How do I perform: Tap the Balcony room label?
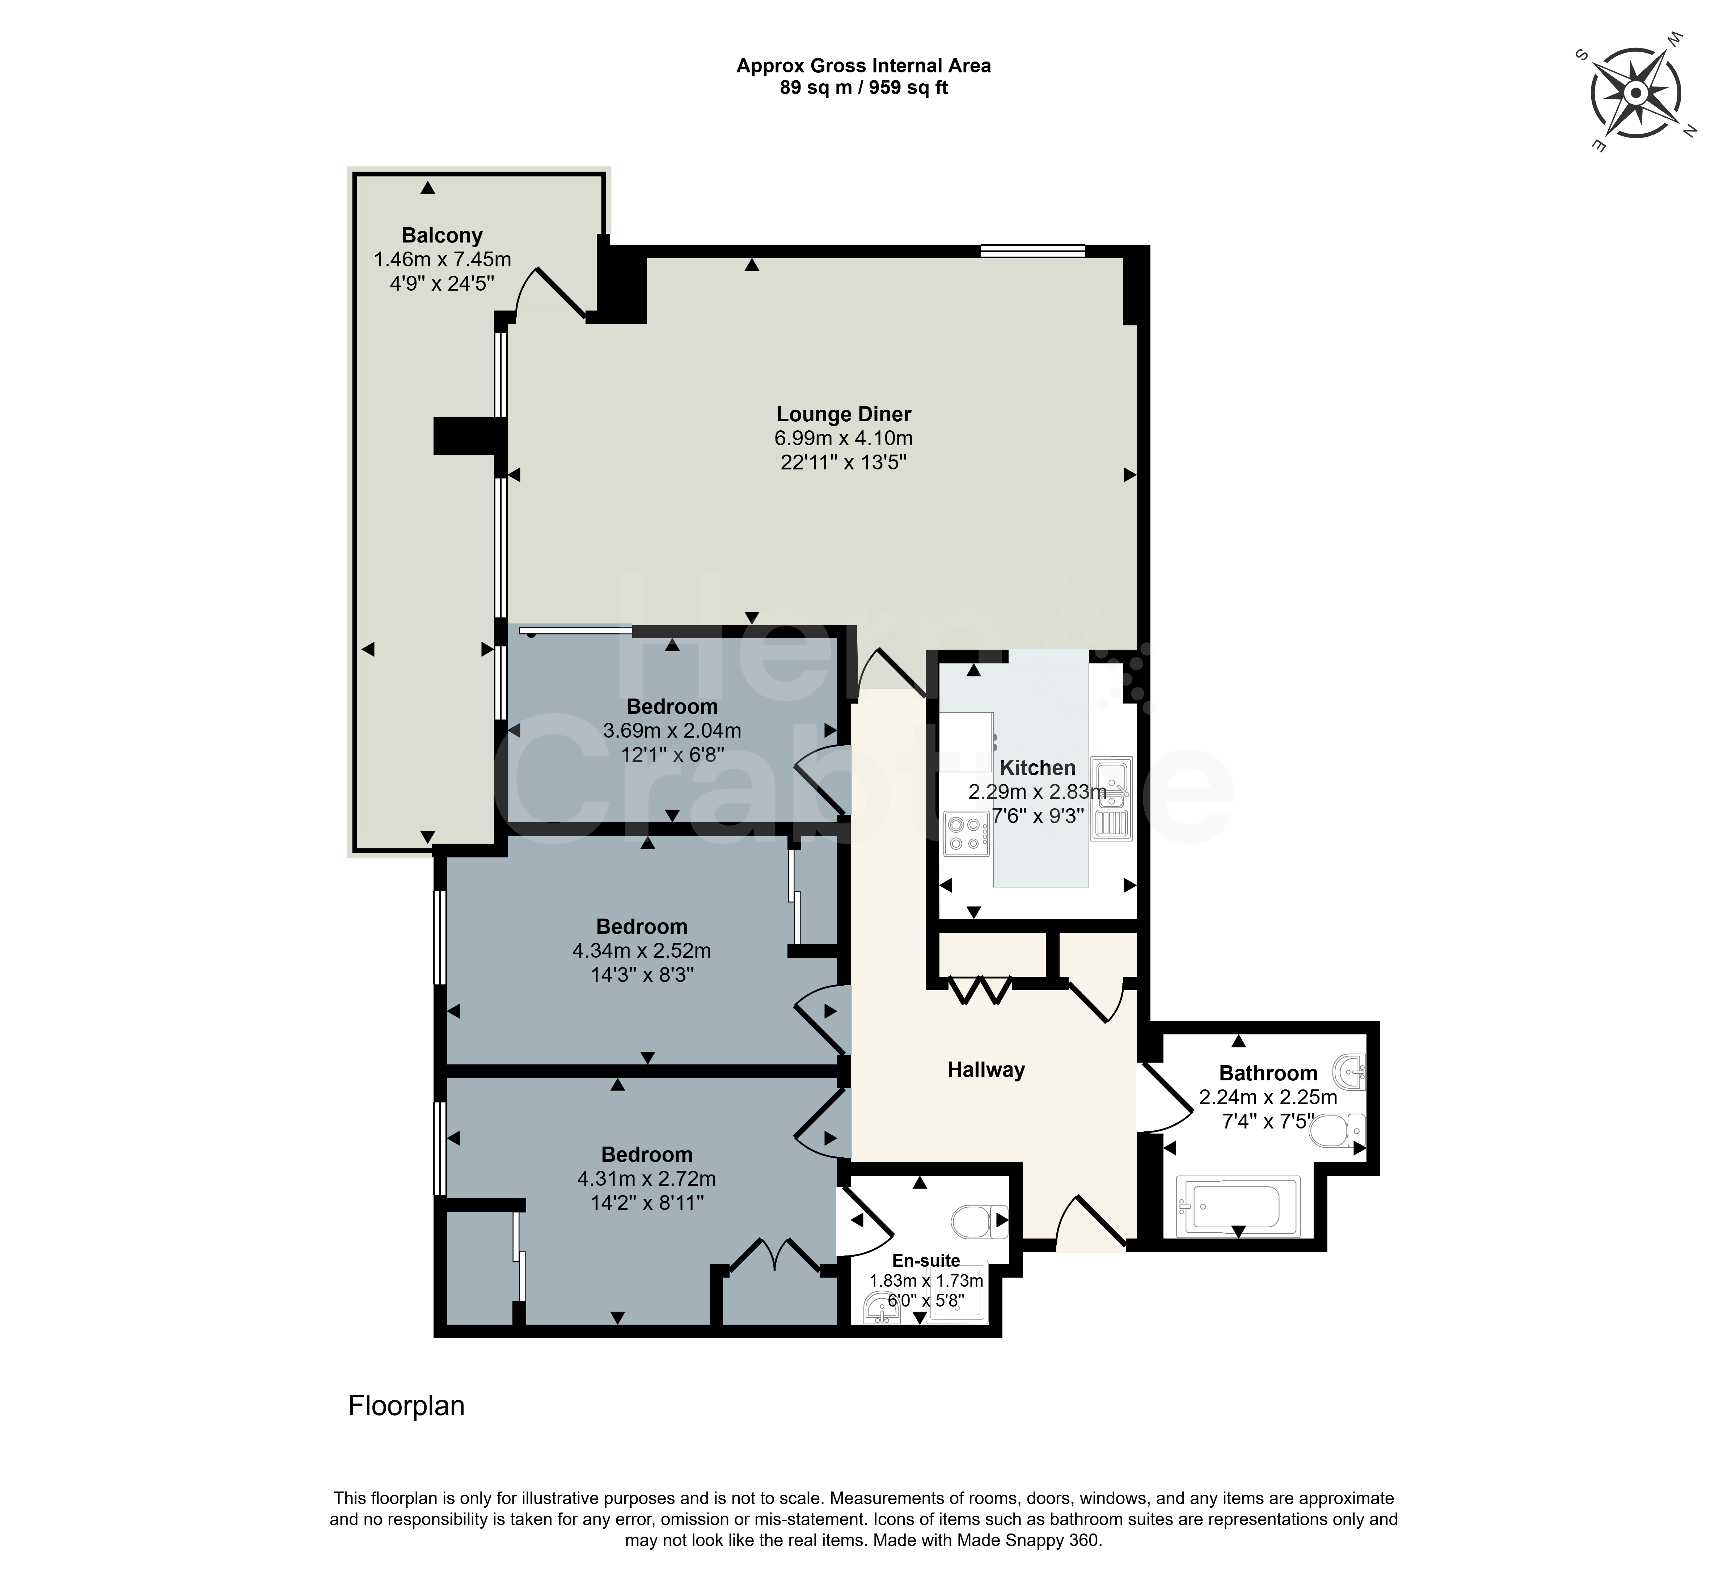[442, 236]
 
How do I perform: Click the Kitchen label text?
[1037, 768]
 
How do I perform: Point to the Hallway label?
[986, 1070]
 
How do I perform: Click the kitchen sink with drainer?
[1112, 797]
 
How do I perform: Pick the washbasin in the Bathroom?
[1350, 1070]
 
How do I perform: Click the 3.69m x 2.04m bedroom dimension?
[672, 731]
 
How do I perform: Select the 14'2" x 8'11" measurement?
[647, 1203]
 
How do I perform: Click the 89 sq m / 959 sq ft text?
[864, 88]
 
